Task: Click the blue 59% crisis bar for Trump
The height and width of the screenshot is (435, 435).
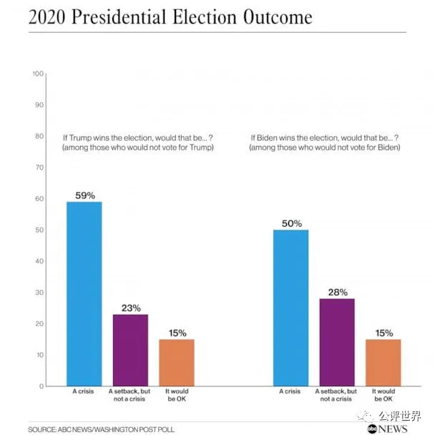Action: [x=84, y=293]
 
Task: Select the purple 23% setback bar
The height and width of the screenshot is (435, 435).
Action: [x=130, y=350]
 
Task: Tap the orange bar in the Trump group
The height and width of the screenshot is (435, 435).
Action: [x=176, y=362]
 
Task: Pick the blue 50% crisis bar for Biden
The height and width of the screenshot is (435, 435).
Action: [x=291, y=308]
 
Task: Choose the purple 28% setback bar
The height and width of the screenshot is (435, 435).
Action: [x=337, y=342]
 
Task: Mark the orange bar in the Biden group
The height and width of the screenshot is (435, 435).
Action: [x=383, y=362]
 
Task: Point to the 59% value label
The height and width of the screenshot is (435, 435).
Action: [x=84, y=195]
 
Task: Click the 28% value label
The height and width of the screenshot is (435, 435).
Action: [x=338, y=292]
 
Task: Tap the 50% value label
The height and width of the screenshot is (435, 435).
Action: [x=291, y=223]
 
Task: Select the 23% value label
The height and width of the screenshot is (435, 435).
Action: [x=130, y=308]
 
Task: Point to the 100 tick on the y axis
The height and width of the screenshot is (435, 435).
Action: [x=39, y=74]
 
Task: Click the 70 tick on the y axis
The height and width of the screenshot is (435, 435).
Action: [x=40, y=167]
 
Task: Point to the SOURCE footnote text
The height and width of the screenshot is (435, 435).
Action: [x=101, y=429]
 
